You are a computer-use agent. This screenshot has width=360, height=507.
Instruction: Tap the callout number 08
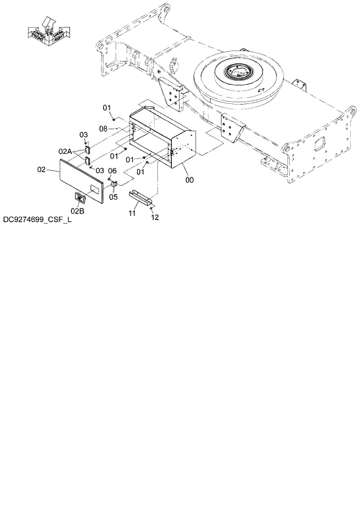[x=104, y=128]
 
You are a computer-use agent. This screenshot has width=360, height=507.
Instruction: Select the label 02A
[x=64, y=151]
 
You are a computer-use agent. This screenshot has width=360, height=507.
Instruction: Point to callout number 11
[x=132, y=214]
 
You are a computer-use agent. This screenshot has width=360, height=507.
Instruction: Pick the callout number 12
[x=154, y=217]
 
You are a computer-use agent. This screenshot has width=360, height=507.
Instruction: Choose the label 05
[x=114, y=197]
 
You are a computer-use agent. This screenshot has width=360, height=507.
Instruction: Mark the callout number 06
[x=113, y=171]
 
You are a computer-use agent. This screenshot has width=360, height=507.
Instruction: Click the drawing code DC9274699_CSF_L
[x=36, y=220]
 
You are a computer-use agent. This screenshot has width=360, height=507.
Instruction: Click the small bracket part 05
[x=114, y=185]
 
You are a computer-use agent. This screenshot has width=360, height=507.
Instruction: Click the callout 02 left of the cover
[x=41, y=170]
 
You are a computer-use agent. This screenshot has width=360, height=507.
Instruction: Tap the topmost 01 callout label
[x=107, y=107]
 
